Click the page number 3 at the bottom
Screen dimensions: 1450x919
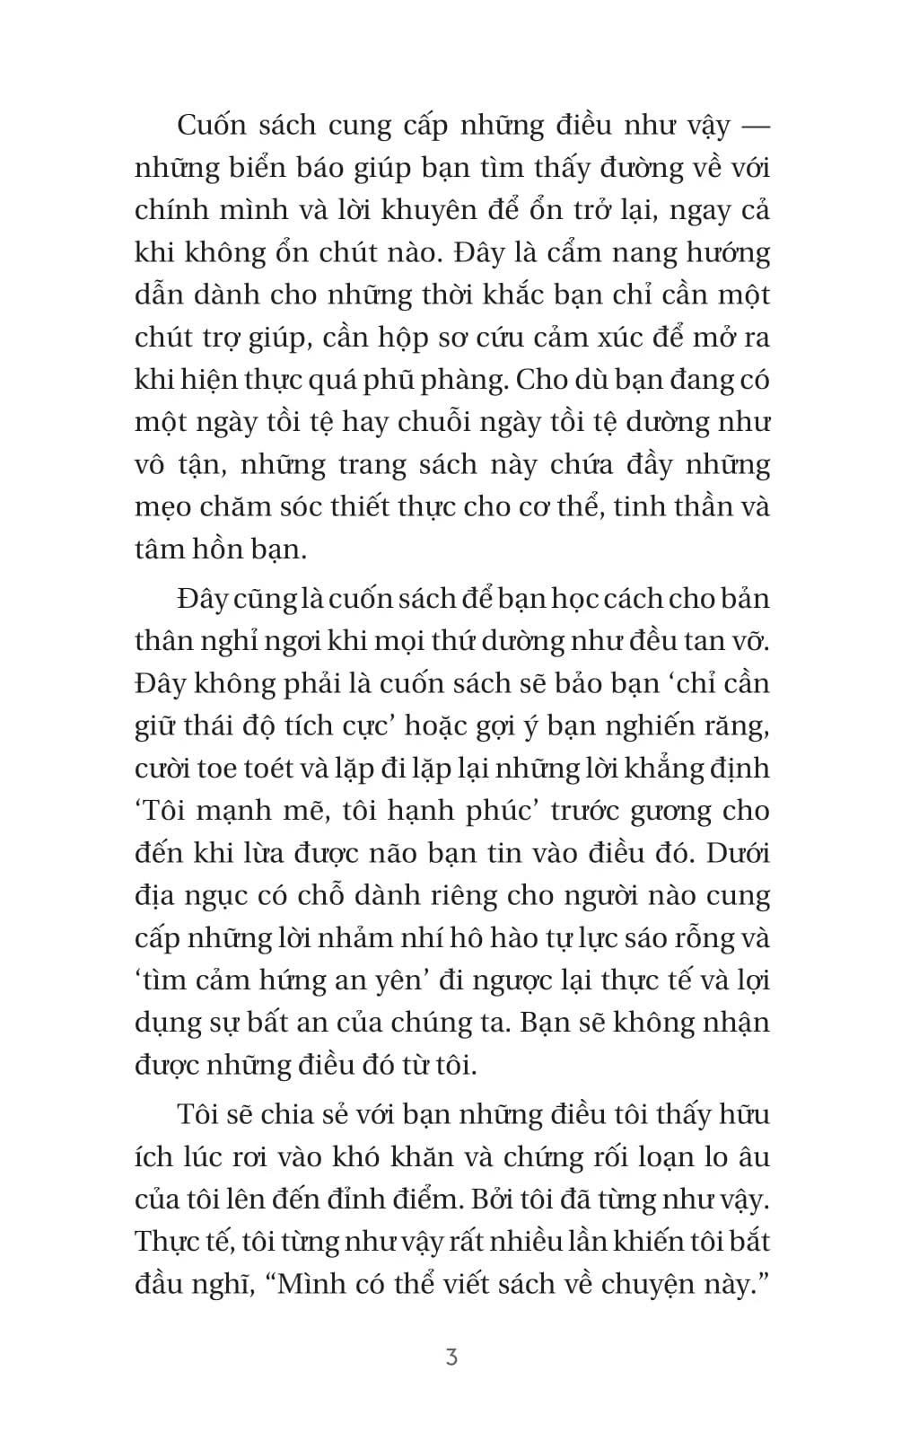click(451, 1357)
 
